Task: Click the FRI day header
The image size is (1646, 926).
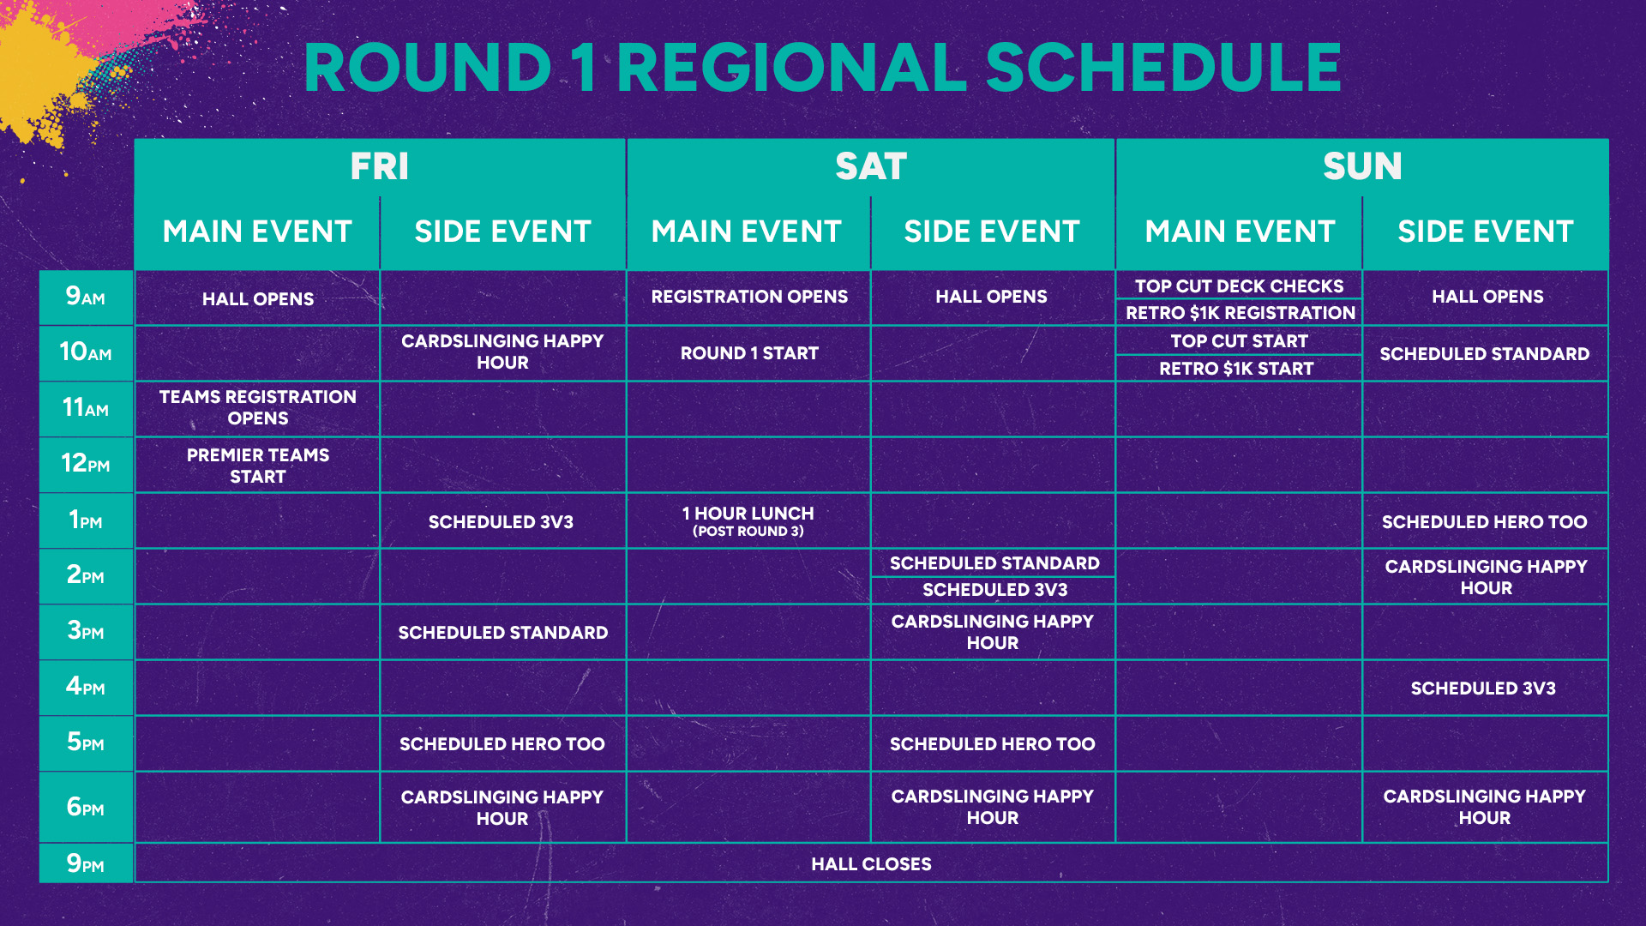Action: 380,166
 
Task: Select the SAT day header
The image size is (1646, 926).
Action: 871,166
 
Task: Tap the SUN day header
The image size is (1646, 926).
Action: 1362,166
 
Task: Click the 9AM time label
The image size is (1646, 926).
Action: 86,297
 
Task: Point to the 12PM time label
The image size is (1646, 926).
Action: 86,464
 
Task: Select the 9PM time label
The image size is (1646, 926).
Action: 86,863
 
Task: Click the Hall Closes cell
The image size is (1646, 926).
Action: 871,864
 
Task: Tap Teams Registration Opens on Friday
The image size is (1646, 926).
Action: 258,407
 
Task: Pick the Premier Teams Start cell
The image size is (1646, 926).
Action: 258,466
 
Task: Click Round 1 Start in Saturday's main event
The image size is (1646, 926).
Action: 749,353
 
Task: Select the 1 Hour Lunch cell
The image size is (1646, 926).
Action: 748,521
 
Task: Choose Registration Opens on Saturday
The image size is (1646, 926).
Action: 749,297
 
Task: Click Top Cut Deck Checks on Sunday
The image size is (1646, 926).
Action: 1240,286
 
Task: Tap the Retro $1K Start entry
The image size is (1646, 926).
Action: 1236,369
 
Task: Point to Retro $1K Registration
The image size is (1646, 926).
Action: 1241,313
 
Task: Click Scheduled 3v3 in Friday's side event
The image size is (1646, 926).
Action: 501,522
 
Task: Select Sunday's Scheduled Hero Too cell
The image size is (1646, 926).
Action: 1485,522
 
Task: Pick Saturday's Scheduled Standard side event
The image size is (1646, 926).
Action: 994,563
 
